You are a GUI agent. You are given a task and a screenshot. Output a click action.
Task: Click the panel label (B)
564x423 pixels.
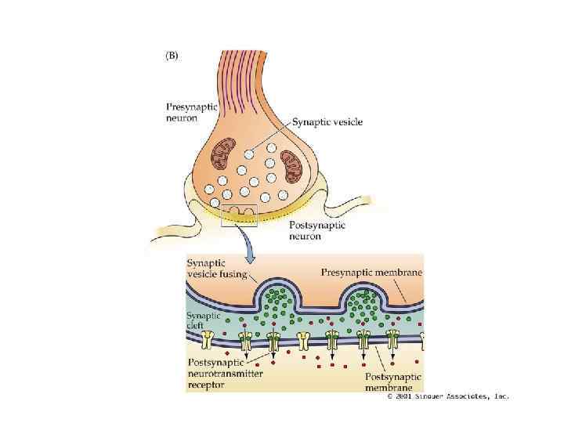pos(171,56)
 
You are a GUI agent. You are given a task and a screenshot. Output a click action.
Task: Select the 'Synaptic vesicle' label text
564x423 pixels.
pos(327,123)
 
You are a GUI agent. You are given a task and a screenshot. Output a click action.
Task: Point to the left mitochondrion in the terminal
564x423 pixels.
pos(226,154)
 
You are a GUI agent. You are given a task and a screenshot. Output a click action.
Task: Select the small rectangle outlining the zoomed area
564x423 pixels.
pos(239,215)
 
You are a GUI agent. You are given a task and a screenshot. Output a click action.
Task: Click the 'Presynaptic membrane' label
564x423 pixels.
pos(372,272)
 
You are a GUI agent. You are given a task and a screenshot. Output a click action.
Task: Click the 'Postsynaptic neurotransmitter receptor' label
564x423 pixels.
pos(226,374)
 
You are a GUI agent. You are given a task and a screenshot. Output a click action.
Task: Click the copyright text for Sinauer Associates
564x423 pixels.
pos(448,396)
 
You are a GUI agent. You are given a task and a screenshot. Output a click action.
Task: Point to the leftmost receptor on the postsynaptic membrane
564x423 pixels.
pos(209,339)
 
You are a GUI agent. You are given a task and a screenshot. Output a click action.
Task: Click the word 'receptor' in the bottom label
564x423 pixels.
pos(206,385)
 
